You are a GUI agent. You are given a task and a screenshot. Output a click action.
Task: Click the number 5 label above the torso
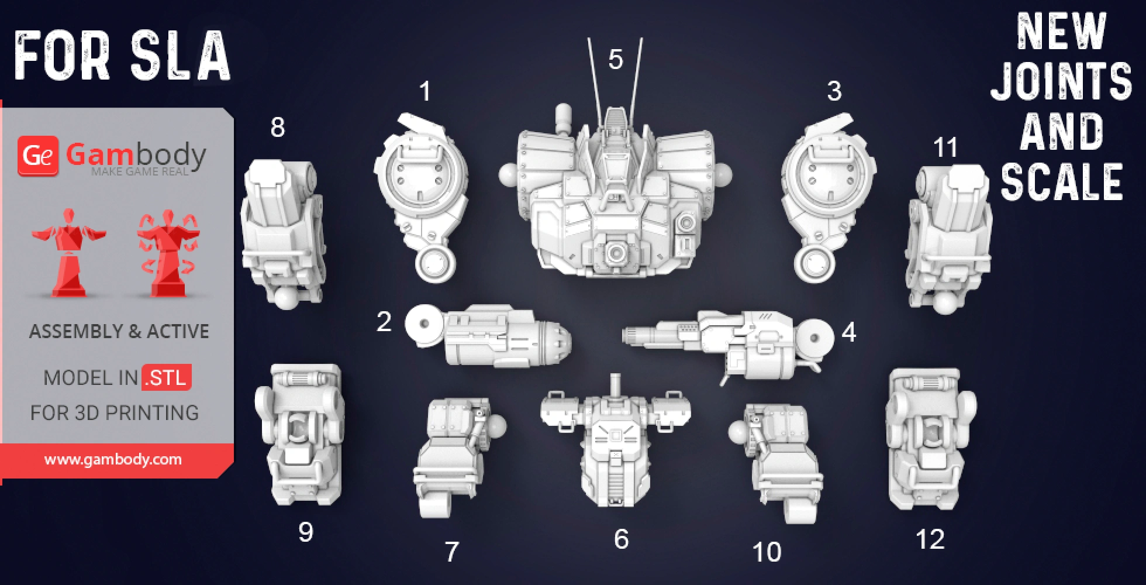coord(615,59)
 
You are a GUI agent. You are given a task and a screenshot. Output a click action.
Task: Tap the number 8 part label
coord(278,127)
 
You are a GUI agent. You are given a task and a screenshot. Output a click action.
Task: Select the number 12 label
coord(930,539)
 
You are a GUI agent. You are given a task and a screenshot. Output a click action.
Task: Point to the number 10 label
coord(767,552)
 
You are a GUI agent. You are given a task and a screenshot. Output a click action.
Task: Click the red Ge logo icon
coord(38,156)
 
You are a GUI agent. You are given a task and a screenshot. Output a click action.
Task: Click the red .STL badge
coord(167,377)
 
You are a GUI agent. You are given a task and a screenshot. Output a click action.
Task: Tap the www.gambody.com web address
coord(113,459)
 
